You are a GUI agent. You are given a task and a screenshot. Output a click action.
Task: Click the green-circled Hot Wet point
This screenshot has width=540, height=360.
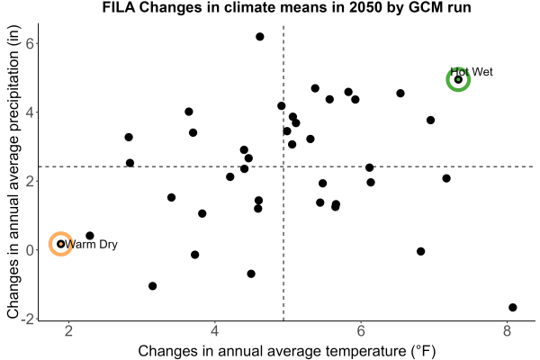[458, 79]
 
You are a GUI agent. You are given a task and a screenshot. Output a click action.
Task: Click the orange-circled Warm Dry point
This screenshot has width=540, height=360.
[60, 244]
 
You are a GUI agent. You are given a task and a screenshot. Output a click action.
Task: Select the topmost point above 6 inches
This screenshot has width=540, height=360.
[260, 37]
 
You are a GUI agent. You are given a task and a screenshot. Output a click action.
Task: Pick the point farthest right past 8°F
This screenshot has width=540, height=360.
[512, 307]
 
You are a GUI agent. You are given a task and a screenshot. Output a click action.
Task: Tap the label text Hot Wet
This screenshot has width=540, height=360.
[472, 72]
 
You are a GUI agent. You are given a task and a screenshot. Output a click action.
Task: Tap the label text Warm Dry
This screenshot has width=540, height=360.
[91, 244]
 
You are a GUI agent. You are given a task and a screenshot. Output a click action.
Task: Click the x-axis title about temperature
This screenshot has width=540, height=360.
[287, 351]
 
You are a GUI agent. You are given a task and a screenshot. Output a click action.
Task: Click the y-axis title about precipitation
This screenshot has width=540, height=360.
[13, 172]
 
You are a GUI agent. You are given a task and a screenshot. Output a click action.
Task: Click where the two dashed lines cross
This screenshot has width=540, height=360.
[283, 166]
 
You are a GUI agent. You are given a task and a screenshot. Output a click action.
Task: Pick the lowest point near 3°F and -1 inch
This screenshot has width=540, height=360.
[153, 286]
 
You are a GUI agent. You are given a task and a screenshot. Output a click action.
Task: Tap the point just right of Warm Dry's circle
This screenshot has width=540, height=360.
[89, 236]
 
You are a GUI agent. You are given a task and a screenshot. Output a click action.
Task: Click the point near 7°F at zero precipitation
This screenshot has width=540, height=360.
[420, 251]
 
